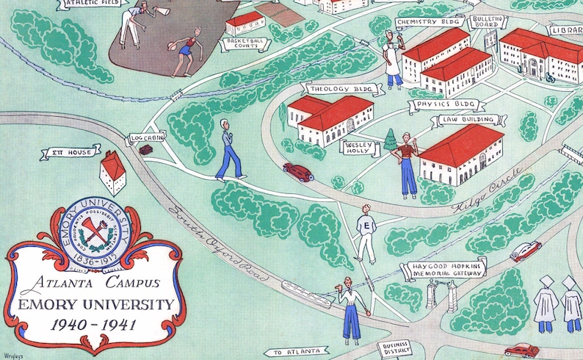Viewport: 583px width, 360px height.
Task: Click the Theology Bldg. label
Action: coord(341,90)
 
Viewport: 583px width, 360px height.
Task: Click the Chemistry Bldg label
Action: coord(422,22)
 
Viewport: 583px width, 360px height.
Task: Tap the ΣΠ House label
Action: coord(70,153)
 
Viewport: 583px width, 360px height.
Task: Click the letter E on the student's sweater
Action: coord(366,226)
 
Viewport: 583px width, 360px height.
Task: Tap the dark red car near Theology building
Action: coord(298,172)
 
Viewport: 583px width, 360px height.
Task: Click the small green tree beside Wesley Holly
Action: coord(390,141)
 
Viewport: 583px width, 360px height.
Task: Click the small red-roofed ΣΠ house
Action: coord(113,172)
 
